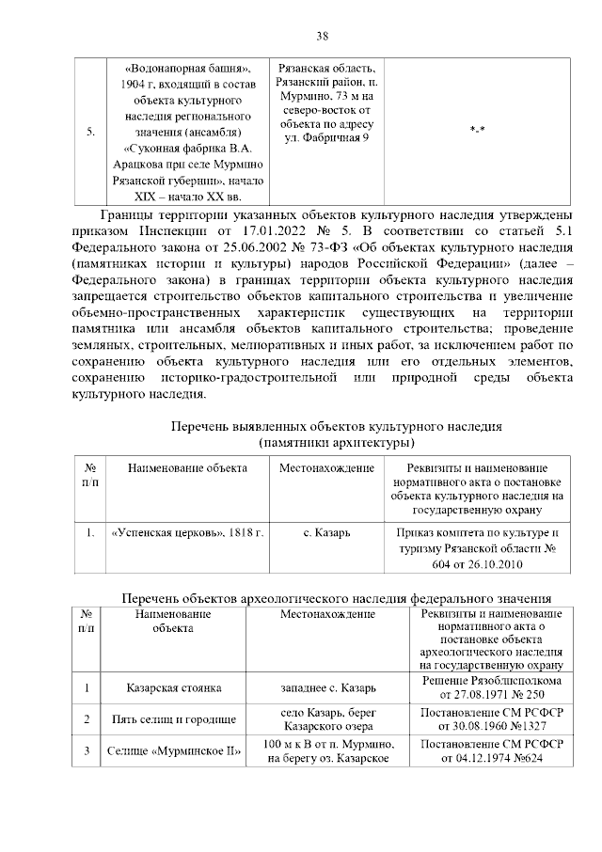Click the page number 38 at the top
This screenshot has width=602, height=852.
point(322,36)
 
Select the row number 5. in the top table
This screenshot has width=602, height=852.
point(90,133)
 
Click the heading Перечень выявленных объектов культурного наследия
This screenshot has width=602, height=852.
point(336,426)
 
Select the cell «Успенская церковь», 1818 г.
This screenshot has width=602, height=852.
point(186,533)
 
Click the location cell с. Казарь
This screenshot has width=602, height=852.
point(327,533)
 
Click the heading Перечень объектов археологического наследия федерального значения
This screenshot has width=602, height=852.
point(338,598)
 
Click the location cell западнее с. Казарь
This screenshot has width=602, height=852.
point(327,687)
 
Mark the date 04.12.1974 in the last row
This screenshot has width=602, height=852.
point(470,759)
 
